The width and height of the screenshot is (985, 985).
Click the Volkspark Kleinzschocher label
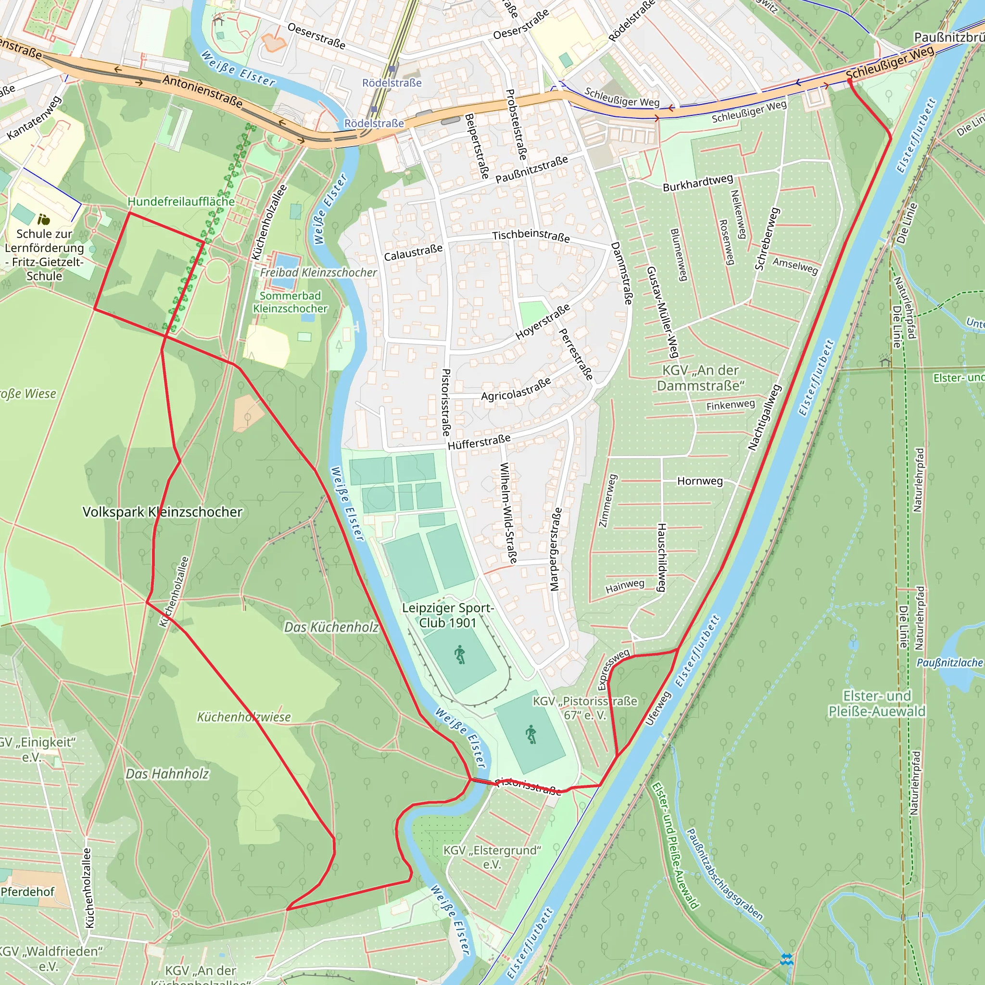pos(162,512)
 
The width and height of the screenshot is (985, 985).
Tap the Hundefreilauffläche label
pos(181,202)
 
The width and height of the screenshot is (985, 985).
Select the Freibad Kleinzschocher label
pos(318,272)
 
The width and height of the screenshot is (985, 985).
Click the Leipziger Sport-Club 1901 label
pos(448,615)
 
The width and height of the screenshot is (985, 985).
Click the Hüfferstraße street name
pos(479,442)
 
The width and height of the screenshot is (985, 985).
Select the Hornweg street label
pos(699,481)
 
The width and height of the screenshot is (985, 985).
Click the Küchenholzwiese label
pos(244,717)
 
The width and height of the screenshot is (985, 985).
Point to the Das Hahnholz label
pos(167,773)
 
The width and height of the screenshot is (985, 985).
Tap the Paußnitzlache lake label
pos(949,663)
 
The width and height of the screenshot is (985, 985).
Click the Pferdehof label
pos(27,891)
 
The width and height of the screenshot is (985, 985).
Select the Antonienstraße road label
pos(202,91)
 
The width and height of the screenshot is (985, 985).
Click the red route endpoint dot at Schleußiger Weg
pos(849,80)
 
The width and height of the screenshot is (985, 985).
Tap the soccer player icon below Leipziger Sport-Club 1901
pos(459,655)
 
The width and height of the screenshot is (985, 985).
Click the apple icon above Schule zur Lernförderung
pos(44,220)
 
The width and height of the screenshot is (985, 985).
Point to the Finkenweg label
pos(730,405)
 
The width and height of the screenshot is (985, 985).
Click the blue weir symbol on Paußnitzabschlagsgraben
pos(787,960)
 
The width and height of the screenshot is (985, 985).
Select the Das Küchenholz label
pos(331,627)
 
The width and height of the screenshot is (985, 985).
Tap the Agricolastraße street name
pos(516,389)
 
